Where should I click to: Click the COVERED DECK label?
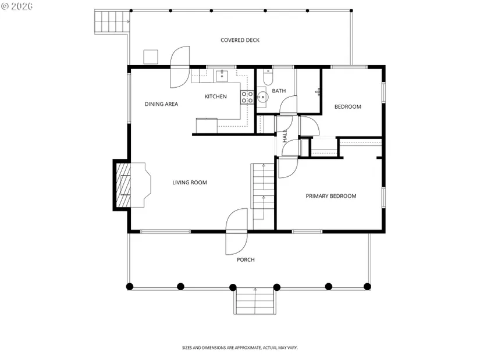(x=240, y=40)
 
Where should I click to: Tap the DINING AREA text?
(x=161, y=104)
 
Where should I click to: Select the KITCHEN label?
(x=215, y=97)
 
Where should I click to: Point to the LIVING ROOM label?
(x=190, y=183)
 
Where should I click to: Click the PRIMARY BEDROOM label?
(x=331, y=196)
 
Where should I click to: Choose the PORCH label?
(x=246, y=259)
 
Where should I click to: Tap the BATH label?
(x=279, y=91)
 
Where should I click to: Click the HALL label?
(x=285, y=136)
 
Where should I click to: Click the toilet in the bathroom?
(x=268, y=77)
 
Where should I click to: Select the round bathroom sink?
(x=262, y=97)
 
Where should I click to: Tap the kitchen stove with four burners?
(x=247, y=97)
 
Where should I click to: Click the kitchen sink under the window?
(x=222, y=76)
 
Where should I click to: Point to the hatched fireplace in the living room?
(x=123, y=185)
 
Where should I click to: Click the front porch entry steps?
(x=255, y=301)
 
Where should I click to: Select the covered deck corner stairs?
(x=112, y=22)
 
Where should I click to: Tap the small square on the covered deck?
(x=151, y=57)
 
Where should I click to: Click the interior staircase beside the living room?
(x=263, y=196)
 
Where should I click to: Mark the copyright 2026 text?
(x=17, y=6)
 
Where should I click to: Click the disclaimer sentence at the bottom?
(x=240, y=348)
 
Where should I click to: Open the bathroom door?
(x=289, y=105)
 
